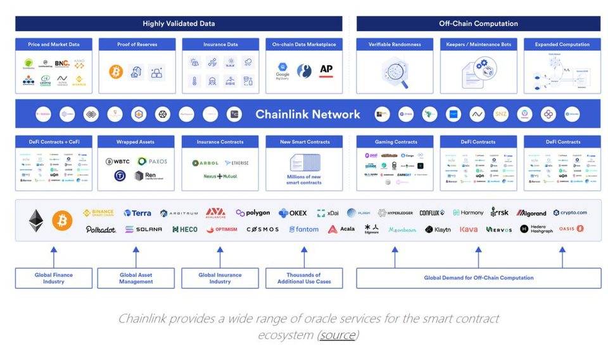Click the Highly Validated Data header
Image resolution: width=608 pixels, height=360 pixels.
179,23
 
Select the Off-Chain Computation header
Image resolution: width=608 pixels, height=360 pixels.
478,23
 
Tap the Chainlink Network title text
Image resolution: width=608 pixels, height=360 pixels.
308,115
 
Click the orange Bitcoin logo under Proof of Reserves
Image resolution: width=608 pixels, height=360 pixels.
116,72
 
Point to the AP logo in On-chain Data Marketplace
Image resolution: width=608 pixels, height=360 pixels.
326,70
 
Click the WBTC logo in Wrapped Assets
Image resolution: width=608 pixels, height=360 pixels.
118,162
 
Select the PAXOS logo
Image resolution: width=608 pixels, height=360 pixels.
153,162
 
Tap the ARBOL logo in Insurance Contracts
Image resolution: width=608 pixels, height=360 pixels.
205,163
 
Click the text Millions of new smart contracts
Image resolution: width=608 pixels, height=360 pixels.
304,179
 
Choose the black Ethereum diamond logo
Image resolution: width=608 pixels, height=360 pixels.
36,220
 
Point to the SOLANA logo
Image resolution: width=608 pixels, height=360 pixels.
143,229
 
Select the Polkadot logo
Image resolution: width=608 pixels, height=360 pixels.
101,229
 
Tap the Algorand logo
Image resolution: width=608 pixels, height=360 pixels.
531,213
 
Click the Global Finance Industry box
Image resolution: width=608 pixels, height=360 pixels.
54,278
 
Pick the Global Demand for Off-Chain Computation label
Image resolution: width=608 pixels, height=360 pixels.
479,278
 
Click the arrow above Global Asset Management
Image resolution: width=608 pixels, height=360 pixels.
136,257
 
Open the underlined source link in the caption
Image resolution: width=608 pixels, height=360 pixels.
338,335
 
